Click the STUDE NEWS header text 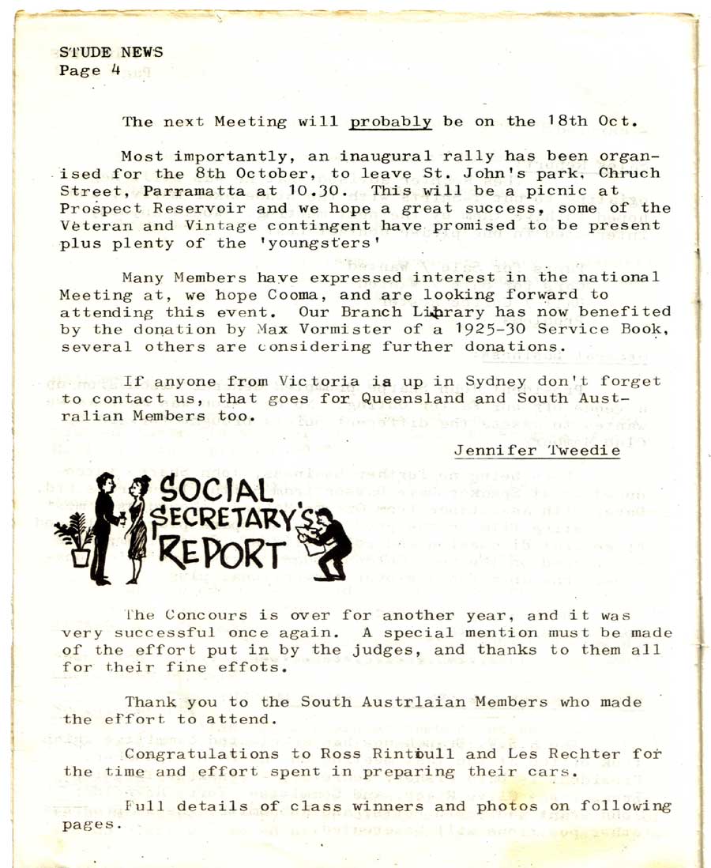[x=111, y=52]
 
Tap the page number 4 [x=115, y=70]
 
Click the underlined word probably [x=390, y=122]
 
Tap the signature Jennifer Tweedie [x=537, y=451]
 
